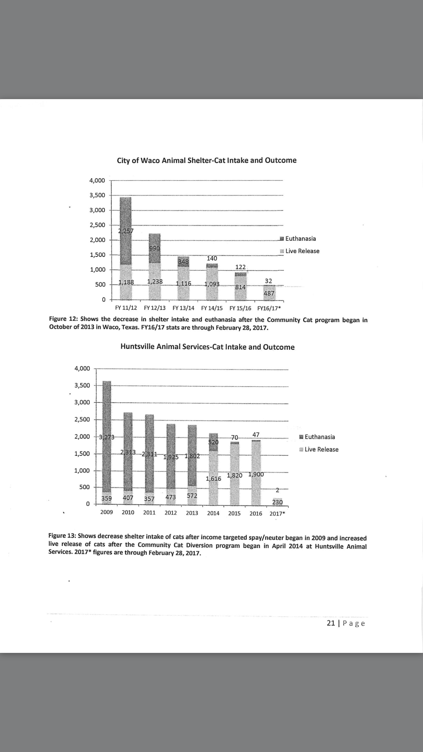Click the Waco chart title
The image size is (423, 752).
(x=207, y=160)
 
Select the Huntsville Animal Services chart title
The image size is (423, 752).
(x=207, y=347)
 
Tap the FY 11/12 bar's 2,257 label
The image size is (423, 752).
(x=126, y=231)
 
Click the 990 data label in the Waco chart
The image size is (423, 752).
(x=154, y=248)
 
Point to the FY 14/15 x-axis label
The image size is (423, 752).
(x=212, y=308)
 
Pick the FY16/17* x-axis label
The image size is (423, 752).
(x=269, y=309)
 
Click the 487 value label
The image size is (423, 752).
(x=269, y=293)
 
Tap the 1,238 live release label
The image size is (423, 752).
(x=155, y=282)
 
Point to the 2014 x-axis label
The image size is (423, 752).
(x=213, y=513)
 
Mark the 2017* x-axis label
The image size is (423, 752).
(x=277, y=514)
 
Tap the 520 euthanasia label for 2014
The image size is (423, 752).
(x=213, y=442)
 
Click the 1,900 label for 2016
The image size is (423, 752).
(x=256, y=474)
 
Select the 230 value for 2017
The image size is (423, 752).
(x=277, y=502)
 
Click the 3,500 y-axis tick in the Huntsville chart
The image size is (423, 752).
(x=82, y=385)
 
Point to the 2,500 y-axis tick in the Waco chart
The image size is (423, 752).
(x=97, y=225)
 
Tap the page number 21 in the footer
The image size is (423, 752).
(x=330, y=623)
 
